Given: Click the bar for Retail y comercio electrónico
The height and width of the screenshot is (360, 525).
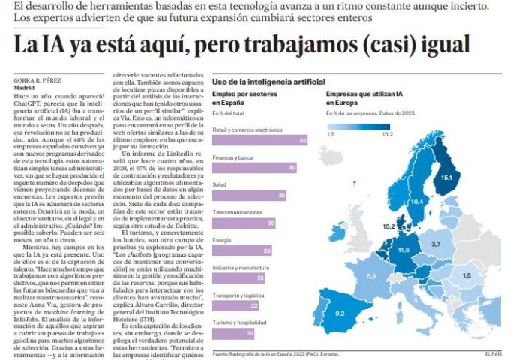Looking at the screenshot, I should click(260, 140).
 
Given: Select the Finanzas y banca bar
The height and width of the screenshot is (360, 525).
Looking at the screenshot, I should click(260, 168).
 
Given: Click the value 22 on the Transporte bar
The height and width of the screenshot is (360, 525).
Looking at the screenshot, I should click(253, 305).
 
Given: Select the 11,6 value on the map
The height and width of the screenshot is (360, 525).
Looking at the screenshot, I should click(404, 249).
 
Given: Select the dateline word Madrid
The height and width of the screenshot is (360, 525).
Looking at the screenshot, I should click(25, 87).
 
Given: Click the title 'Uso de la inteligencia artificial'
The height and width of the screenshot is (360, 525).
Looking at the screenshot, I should click(268, 80).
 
